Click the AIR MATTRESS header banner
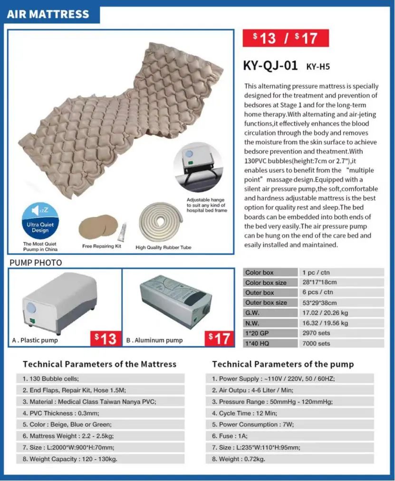[x=48, y=14]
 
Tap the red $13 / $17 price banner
[x=286, y=38]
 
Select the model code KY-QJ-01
[x=270, y=66]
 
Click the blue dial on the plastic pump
[x=31, y=307]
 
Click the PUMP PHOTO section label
[x=36, y=263]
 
